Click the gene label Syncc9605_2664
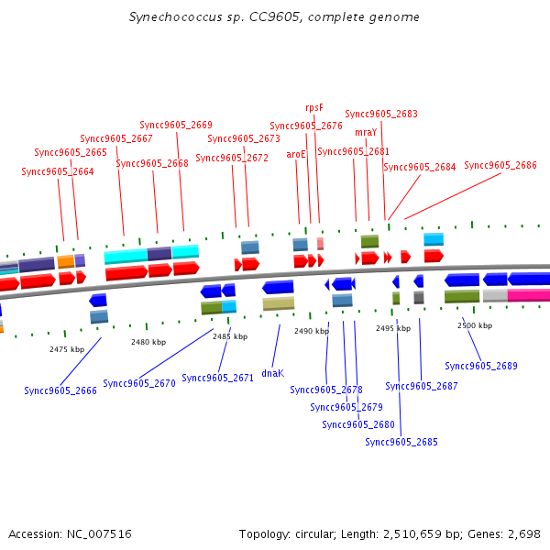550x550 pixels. click(58, 171)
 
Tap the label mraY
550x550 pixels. click(366, 132)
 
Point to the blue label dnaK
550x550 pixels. click(272, 373)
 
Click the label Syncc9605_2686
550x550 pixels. click(500, 165)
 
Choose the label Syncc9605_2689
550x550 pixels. click(481, 366)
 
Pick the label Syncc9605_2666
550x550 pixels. click(60, 390)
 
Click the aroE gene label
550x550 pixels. click(296, 154)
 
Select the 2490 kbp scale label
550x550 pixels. click(311, 331)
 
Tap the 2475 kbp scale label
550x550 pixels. click(67, 349)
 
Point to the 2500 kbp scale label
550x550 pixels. click(475, 325)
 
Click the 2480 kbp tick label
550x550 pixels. click(148, 342)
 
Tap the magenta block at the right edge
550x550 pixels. click(529, 295)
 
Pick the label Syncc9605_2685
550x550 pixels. click(401, 442)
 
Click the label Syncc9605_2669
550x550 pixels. click(176, 125)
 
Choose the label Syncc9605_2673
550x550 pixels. click(244, 138)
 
